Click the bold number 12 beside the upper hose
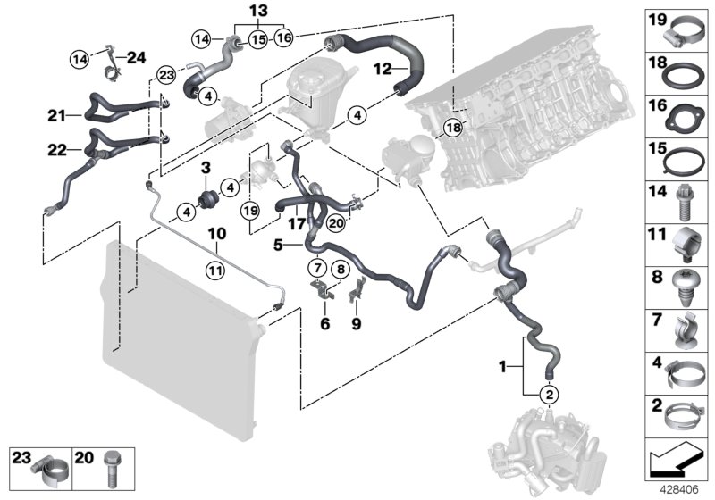[x=381, y=68]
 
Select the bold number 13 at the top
[x=258, y=10]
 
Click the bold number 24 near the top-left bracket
[x=136, y=58]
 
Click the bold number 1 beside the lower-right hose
[x=527, y=366]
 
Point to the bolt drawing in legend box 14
[x=682, y=204]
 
